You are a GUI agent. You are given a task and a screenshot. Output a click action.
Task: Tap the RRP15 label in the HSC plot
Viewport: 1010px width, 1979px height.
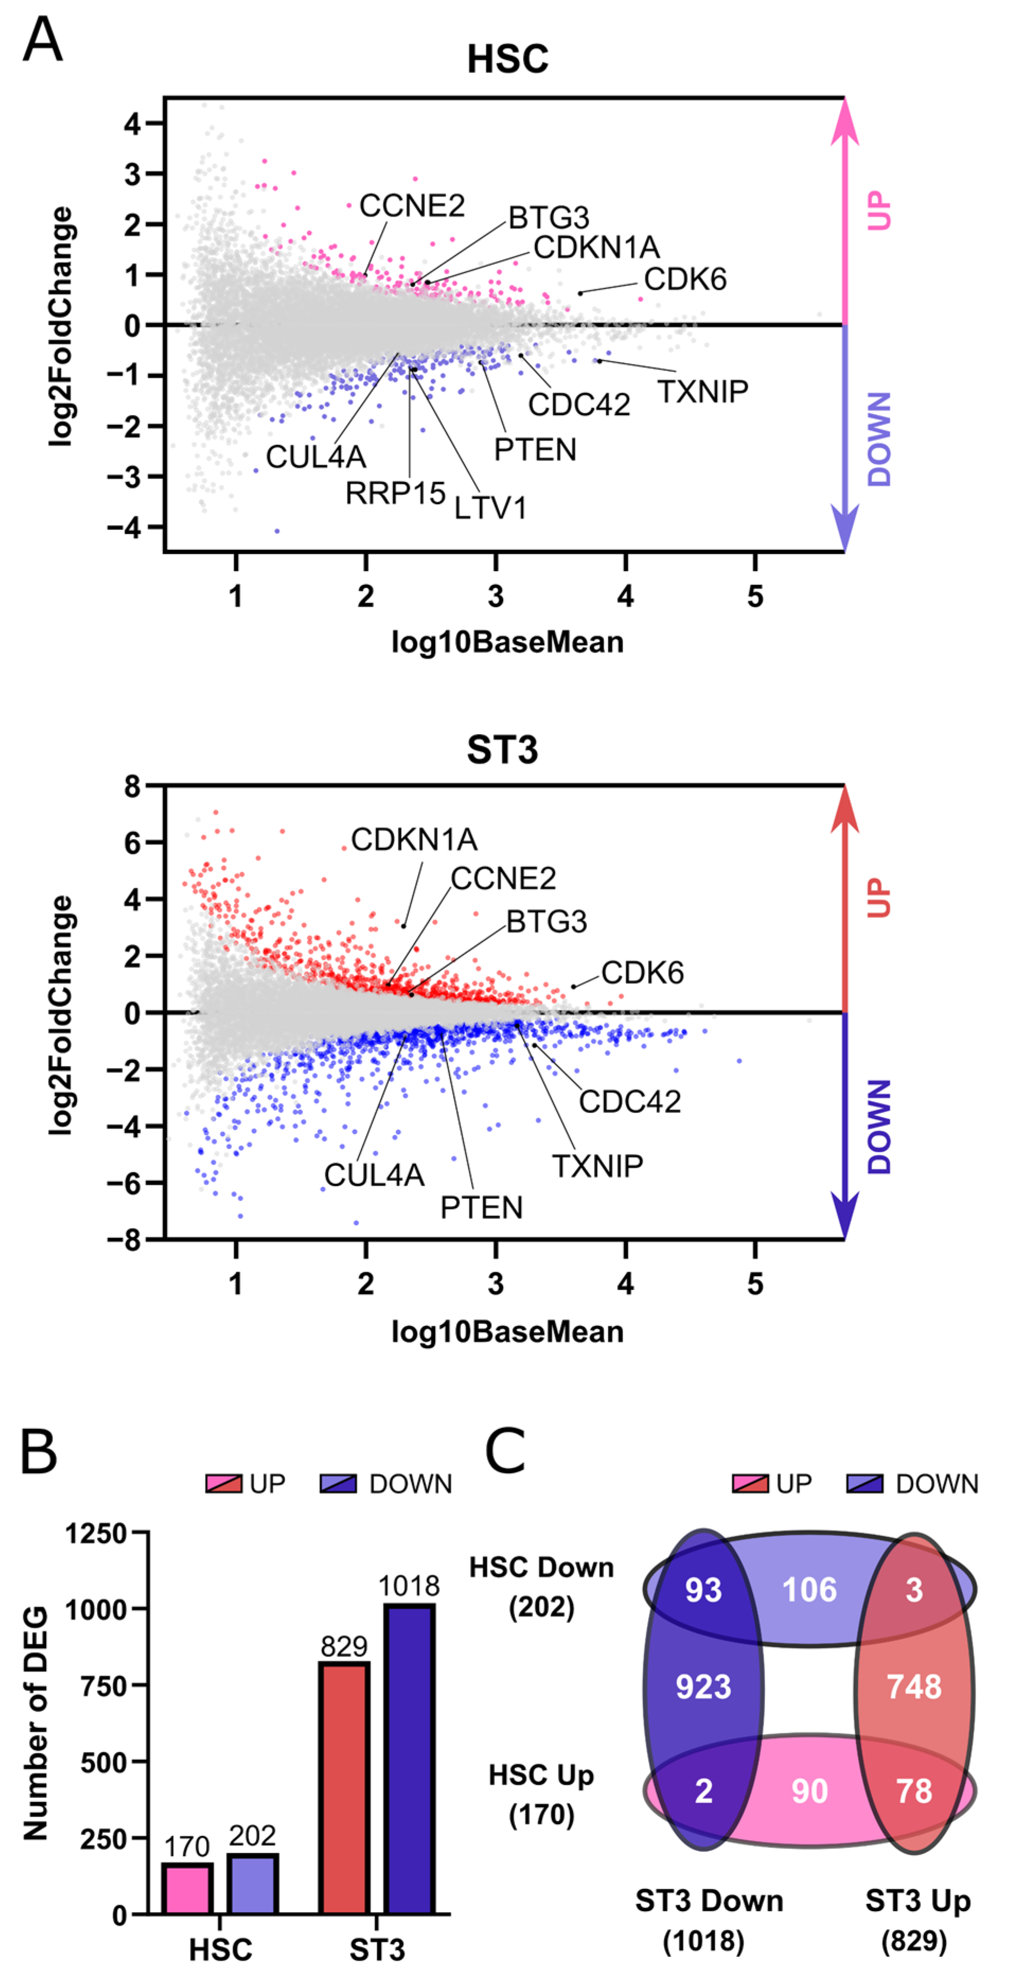[395, 493]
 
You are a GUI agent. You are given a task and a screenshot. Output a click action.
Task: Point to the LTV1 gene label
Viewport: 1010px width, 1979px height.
[490, 508]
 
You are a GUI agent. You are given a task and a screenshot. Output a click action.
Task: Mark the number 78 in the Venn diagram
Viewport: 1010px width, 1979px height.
[914, 1791]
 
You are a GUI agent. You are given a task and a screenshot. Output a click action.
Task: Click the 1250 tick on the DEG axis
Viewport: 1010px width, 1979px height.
[95, 1534]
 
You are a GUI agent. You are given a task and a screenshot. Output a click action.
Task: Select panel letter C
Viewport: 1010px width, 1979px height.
[505, 1451]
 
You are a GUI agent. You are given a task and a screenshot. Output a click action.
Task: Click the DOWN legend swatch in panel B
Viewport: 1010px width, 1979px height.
[338, 1484]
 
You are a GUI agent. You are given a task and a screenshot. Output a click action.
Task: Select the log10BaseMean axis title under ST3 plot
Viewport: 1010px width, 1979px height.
[507, 1331]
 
